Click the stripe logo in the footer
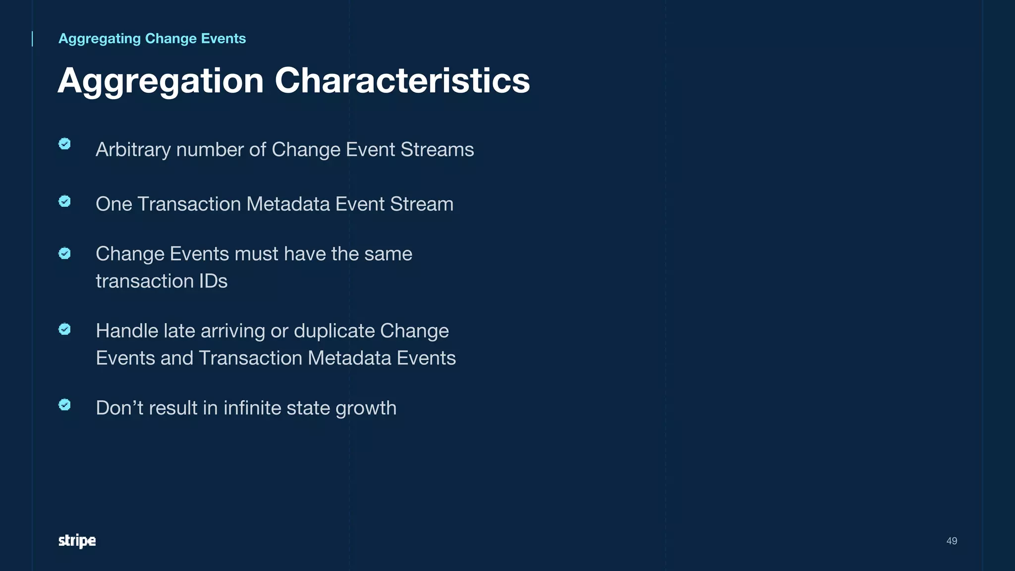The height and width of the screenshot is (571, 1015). click(x=77, y=541)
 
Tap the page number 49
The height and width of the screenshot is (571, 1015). click(x=952, y=541)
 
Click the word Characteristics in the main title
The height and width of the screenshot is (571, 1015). click(x=402, y=80)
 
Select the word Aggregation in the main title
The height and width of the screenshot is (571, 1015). click(x=161, y=81)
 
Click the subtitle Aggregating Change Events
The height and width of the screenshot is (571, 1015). click(x=152, y=39)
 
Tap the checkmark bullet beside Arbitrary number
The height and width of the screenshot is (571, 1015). click(x=64, y=144)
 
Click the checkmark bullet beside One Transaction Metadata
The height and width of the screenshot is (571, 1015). click(x=64, y=201)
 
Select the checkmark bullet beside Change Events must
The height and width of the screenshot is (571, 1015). click(x=64, y=253)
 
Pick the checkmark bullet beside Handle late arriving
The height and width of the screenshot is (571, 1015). click(x=64, y=329)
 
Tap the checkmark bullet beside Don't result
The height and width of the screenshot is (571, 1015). click(x=64, y=405)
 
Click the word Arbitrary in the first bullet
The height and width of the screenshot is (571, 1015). click(x=133, y=150)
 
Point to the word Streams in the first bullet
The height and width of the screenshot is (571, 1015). click(x=437, y=150)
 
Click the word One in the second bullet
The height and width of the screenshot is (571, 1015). click(x=113, y=204)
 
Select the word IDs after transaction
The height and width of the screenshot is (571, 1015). click(x=213, y=281)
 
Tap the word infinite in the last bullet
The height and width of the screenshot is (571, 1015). click(x=252, y=408)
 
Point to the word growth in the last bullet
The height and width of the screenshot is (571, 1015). click(x=366, y=408)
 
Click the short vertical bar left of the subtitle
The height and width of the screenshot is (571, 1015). click(x=33, y=39)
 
